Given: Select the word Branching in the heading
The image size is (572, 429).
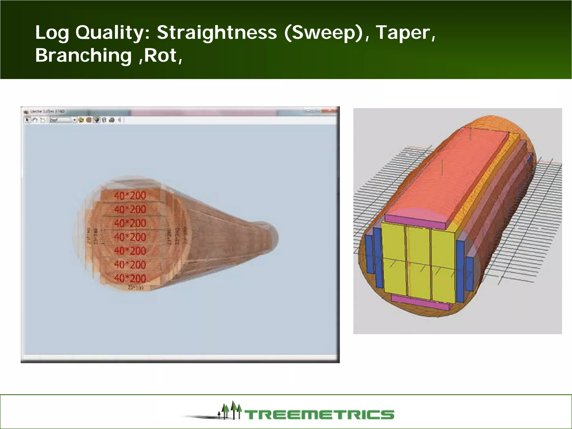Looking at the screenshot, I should pos(83,55).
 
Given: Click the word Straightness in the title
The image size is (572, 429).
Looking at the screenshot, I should pos(216,33).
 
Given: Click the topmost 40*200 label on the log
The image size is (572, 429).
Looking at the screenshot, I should pos(130,196).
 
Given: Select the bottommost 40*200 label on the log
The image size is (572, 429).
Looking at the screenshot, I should pos(130,278).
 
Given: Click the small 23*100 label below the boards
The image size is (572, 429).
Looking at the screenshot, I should pos(135,287).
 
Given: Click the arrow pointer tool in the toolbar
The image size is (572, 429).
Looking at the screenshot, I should pos(27,120).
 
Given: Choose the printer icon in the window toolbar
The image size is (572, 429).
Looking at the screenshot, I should pos(112,120).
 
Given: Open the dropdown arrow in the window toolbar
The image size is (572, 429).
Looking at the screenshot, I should pos(74,120).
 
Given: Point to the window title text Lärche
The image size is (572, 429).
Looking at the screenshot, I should pos(36,111).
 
